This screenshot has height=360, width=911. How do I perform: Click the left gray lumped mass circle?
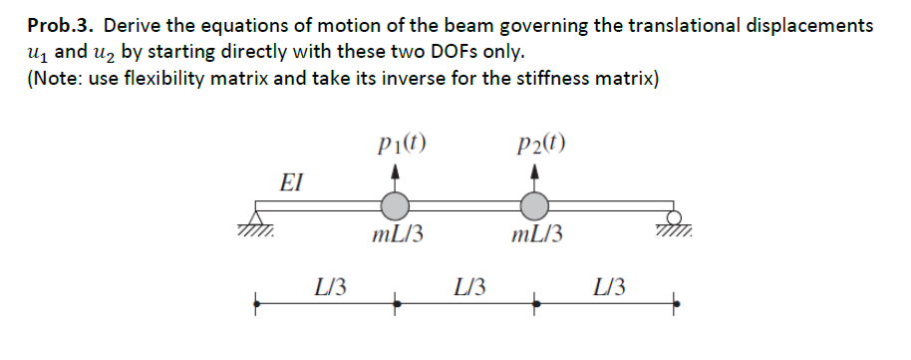pos(397,206)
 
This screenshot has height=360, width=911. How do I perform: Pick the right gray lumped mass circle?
pos(536,206)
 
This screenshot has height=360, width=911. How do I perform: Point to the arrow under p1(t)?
pos(397,176)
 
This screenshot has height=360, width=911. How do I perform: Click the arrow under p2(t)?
pos(536,176)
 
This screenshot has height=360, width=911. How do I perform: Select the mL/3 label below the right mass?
pos(536,236)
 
